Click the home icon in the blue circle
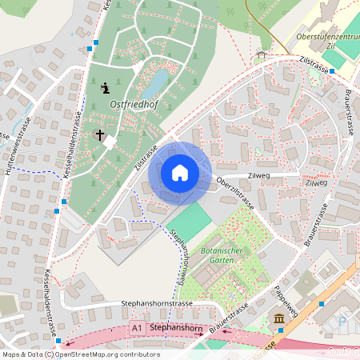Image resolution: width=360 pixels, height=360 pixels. (x=180, y=172)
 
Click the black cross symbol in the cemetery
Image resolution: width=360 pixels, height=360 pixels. (x=100, y=135)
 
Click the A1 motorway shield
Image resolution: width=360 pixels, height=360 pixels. (x=138, y=328)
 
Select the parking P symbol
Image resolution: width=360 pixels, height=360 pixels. (x=342, y=322)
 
